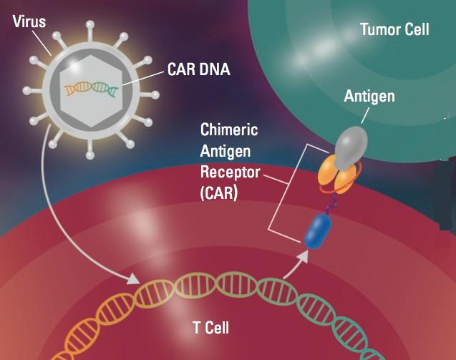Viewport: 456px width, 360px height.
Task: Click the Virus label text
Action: tap(29, 21)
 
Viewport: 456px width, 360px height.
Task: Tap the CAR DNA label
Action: tap(198, 69)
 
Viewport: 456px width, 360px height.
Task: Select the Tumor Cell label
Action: tap(394, 29)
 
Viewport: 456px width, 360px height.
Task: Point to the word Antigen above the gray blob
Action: tap(369, 96)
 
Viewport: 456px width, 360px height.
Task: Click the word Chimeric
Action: tap(229, 130)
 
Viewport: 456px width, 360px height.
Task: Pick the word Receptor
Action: tap(230, 172)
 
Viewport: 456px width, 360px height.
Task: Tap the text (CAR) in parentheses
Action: tap(219, 193)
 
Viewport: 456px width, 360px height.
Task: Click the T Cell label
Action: tap(211, 328)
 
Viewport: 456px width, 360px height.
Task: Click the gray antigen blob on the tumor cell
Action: tap(351, 147)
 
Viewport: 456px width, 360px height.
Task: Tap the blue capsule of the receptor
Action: tap(317, 231)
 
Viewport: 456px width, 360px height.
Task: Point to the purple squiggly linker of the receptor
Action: tap(331, 204)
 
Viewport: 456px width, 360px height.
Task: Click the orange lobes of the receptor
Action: tap(339, 175)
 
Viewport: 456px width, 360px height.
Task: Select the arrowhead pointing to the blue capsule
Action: tap(304, 257)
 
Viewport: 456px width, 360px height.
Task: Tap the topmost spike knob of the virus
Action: tap(90, 24)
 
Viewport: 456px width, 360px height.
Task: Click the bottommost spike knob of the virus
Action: tap(90, 155)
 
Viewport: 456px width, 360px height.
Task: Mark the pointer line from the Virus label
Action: tap(42, 43)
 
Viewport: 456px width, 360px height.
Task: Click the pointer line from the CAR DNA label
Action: tap(143, 78)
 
